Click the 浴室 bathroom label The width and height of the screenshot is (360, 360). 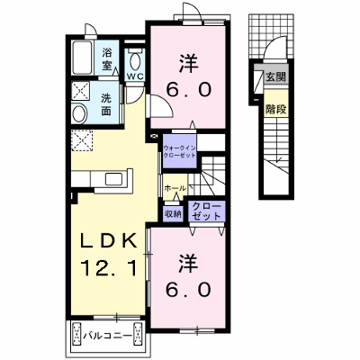click(x=107, y=58)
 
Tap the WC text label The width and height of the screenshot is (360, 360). click(x=135, y=76)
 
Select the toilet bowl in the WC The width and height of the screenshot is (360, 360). click(x=135, y=61)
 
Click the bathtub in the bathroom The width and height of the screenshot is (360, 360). click(x=83, y=58)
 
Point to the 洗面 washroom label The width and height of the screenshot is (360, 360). click(x=105, y=104)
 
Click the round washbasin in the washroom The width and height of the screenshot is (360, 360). click(x=79, y=113)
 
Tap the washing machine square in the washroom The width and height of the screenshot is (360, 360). click(x=81, y=91)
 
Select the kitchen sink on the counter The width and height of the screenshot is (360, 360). click(x=113, y=179)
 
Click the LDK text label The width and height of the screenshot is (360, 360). click(x=109, y=240)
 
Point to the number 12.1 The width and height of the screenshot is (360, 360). click(x=109, y=268)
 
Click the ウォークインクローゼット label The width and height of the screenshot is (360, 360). click(x=179, y=151)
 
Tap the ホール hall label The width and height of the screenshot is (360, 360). click(x=175, y=188)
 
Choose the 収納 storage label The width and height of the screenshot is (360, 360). click(x=173, y=213)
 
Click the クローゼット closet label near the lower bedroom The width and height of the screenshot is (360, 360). click(x=206, y=211)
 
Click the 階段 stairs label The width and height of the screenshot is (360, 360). click(x=276, y=110)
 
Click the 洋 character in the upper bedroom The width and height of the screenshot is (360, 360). click(x=189, y=63)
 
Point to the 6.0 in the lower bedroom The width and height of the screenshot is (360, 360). click(x=189, y=290)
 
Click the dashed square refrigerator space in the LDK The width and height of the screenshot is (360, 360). click(x=82, y=140)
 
